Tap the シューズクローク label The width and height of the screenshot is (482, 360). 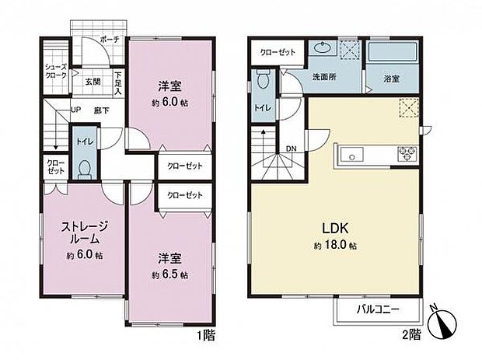(x=55, y=72)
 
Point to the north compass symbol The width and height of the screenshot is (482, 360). (x=443, y=322)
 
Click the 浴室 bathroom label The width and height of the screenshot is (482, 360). (x=392, y=78)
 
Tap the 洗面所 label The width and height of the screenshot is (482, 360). (x=324, y=78)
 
